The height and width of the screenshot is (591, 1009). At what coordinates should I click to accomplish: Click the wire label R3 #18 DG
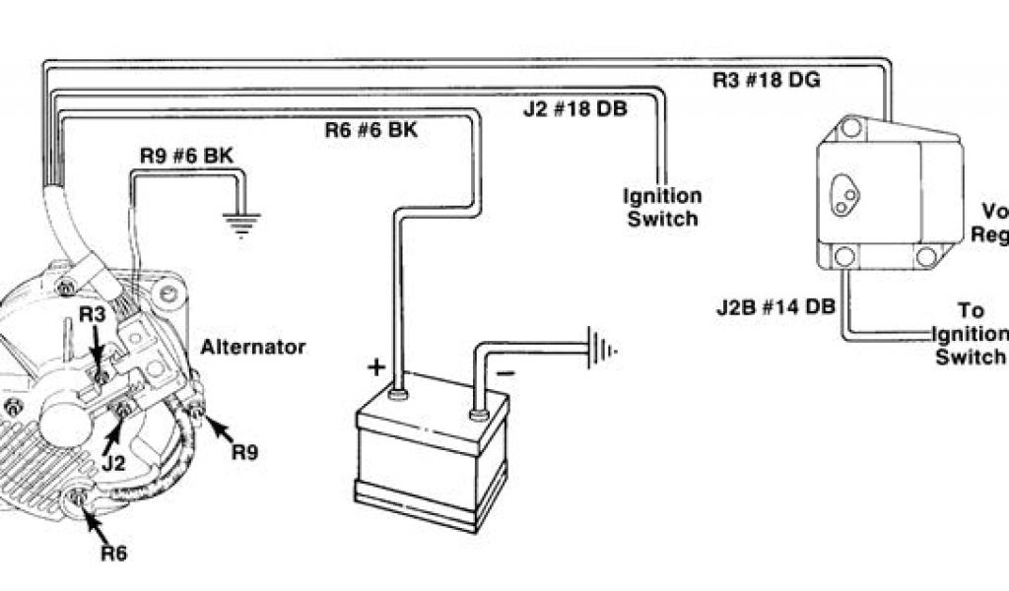tap(767, 80)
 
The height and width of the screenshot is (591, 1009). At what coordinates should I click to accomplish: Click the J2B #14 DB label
tap(776, 306)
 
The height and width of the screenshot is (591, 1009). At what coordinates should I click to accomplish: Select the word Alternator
tap(253, 347)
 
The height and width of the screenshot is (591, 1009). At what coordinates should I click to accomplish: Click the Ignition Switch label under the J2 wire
tap(662, 208)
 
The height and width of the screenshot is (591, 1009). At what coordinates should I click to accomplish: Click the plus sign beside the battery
tap(376, 367)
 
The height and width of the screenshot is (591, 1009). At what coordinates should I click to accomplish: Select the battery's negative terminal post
tap(480, 414)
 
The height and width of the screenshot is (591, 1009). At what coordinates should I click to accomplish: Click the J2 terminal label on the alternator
tap(111, 460)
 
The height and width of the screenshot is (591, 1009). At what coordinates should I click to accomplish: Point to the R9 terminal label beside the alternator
tap(245, 453)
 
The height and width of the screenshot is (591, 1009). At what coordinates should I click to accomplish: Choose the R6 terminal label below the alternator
tap(113, 553)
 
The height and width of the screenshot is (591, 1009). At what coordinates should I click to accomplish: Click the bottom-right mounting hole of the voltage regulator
tap(925, 259)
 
